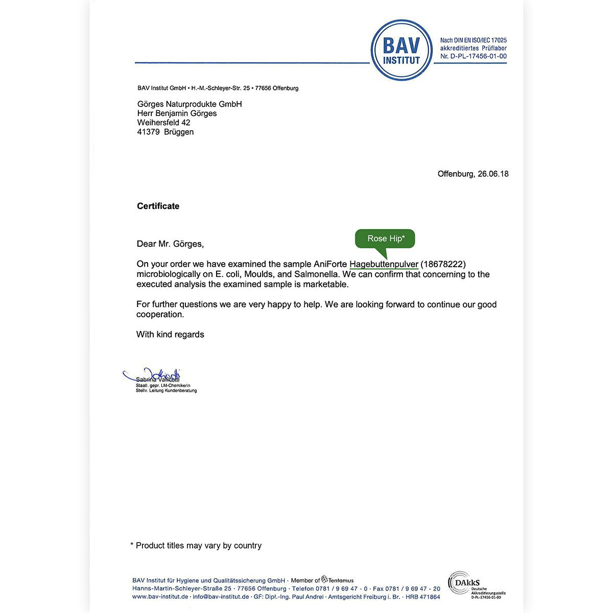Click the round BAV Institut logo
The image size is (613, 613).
click(x=402, y=50)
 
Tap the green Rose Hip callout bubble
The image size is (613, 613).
click(x=385, y=239)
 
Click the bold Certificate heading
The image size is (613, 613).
click(x=158, y=206)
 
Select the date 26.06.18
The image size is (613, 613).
click(x=493, y=174)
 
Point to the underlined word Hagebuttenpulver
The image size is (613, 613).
click(x=384, y=264)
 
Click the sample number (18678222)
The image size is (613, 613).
click(x=443, y=264)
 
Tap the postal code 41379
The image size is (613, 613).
click(x=149, y=132)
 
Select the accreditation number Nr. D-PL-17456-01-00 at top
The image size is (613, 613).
click(x=473, y=57)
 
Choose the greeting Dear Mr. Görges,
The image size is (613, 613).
click(x=170, y=244)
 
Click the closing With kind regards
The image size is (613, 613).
click(x=170, y=335)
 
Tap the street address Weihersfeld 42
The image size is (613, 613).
click(x=163, y=123)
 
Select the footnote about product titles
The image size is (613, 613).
click(x=196, y=546)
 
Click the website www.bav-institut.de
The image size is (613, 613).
click(x=160, y=597)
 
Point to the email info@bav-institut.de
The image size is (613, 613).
click(x=221, y=597)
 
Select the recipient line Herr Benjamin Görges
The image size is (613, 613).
click(x=177, y=113)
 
